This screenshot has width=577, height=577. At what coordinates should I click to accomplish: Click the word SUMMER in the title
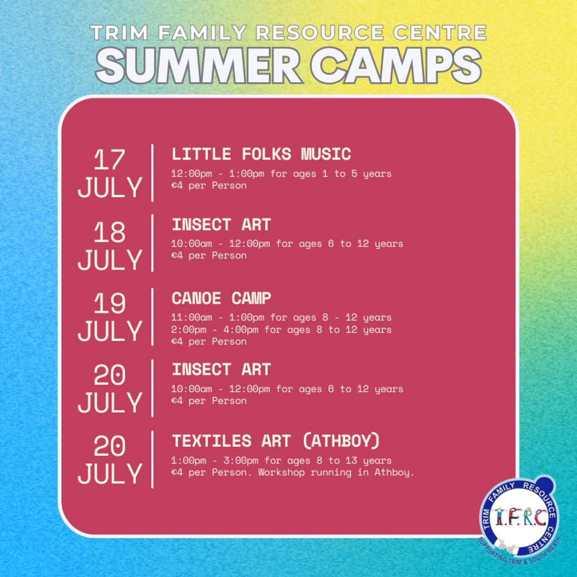tap(199, 66)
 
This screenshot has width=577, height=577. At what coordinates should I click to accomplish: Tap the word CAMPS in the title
tap(396, 66)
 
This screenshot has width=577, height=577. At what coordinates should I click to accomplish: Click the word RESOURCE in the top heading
tap(320, 32)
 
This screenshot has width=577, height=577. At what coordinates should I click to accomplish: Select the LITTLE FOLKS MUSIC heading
tap(261, 154)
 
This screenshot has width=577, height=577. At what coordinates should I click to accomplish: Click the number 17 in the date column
tap(109, 159)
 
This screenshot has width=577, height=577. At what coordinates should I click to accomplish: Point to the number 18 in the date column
tap(109, 232)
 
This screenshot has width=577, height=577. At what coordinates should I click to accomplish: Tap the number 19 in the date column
tap(109, 303)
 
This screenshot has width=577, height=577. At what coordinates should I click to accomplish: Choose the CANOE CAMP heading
tap(221, 299)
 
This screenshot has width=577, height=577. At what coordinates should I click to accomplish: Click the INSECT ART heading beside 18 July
tap(221, 225)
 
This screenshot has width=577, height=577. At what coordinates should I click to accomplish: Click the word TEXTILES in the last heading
tap(212, 441)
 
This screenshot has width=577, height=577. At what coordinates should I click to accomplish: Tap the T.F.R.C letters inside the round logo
tap(520, 517)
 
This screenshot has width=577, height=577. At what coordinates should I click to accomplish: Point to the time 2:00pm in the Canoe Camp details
tap(188, 330)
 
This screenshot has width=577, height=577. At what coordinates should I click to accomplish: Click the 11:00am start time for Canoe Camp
tap(192, 317)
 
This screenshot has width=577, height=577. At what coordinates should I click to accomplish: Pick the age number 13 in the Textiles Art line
tap(351, 460)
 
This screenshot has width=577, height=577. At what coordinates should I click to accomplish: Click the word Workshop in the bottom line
tap(282, 473)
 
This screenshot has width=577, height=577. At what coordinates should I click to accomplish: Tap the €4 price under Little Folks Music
tap(176, 185)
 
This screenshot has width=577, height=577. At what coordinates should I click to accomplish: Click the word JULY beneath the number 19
tap(110, 331)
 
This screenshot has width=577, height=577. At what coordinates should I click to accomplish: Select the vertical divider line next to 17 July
tap(152, 173)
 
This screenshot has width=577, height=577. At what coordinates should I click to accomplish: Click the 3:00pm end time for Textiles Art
tap(241, 461)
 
